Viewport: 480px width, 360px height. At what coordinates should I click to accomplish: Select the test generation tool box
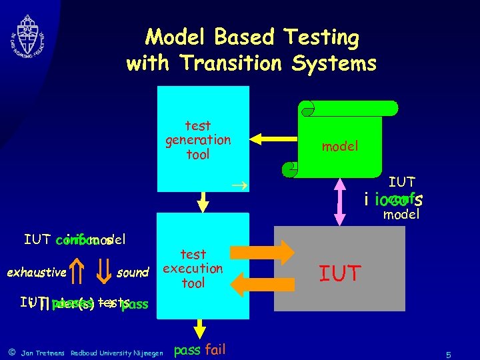[x=198, y=139]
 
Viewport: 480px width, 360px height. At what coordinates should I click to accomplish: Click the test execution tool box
[x=193, y=268]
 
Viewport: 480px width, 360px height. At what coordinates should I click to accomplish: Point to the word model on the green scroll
[x=340, y=145]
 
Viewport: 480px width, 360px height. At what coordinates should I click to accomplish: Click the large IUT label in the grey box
[x=340, y=273]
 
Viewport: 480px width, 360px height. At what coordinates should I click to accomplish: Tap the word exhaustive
[x=37, y=272]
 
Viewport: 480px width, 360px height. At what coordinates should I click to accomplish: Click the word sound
[x=132, y=272]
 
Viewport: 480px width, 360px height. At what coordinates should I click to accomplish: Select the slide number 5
[x=449, y=355]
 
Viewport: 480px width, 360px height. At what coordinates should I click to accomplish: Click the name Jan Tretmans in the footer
[x=44, y=353]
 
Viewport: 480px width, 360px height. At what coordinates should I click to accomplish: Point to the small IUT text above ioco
[x=402, y=181]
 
